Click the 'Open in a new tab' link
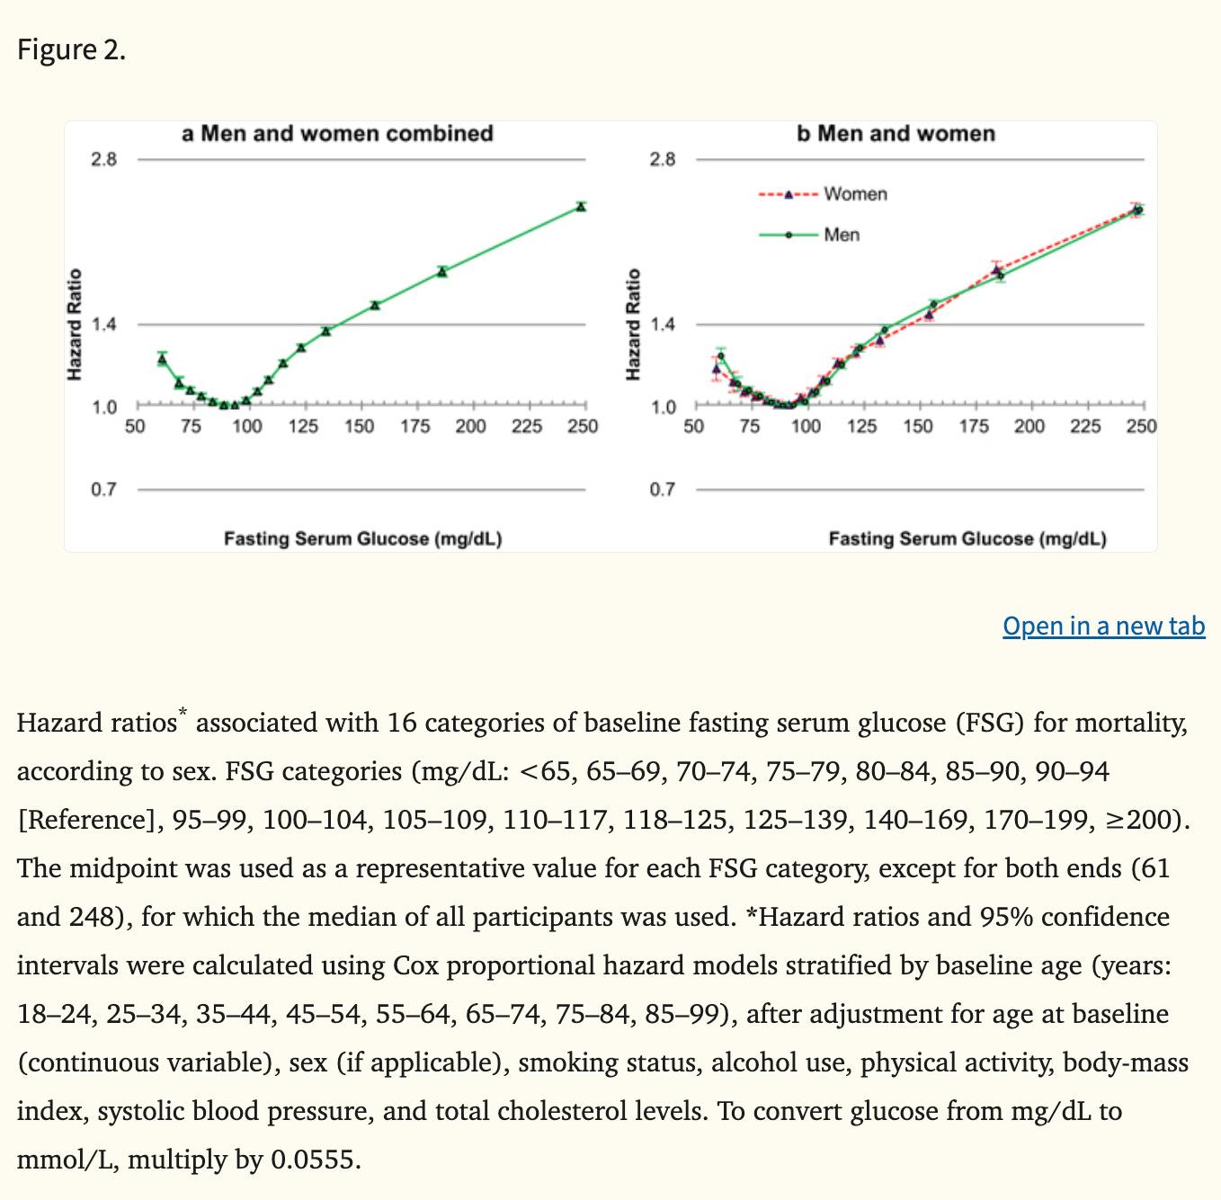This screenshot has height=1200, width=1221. pyautogui.click(x=1103, y=626)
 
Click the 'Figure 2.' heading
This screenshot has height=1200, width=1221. pyautogui.click(x=72, y=49)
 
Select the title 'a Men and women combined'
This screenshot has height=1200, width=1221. pyautogui.click(x=337, y=134)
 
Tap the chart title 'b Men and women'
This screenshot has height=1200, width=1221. pyautogui.click(x=896, y=134)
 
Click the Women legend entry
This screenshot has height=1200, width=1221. pyautogui.click(x=854, y=194)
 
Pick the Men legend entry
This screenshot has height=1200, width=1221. pyautogui.click(x=842, y=235)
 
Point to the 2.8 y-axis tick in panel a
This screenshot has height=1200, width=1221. pyautogui.click(x=104, y=160)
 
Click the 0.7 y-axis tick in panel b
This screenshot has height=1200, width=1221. pyautogui.click(x=663, y=490)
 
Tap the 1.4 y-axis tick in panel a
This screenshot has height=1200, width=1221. pyautogui.click(x=104, y=324)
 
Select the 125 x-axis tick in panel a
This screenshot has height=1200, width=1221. pyautogui.click(x=303, y=426)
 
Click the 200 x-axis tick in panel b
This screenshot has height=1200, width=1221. pyautogui.click(x=1029, y=426)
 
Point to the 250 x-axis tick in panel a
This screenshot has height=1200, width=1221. pyautogui.click(x=583, y=426)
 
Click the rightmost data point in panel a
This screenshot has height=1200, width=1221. pyautogui.click(x=582, y=207)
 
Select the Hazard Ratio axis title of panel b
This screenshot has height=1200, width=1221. pyautogui.click(x=633, y=324)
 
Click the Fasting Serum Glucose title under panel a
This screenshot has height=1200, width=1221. pyautogui.click(x=362, y=539)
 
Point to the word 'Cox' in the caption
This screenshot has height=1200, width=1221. pyautogui.click(x=416, y=965)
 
